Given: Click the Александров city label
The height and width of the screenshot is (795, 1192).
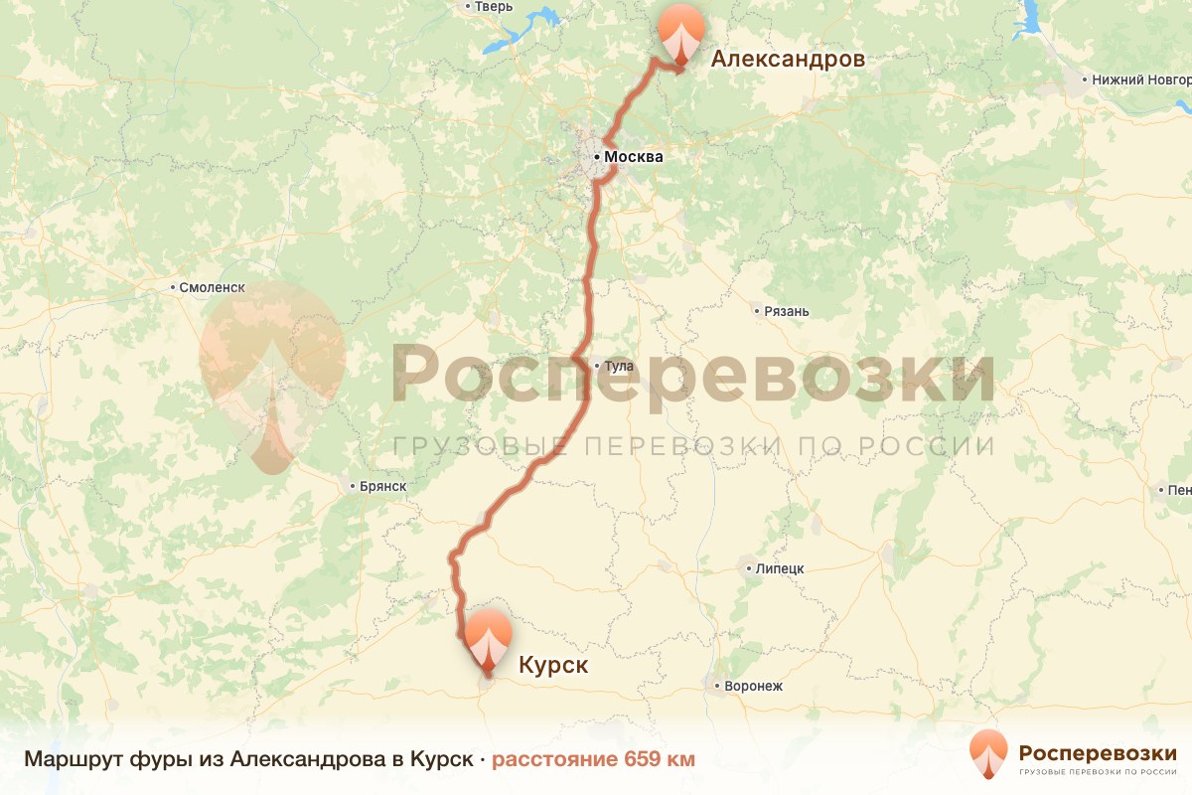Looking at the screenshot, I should click(787, 60).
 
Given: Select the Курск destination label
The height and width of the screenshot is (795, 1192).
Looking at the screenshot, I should click(553, 665).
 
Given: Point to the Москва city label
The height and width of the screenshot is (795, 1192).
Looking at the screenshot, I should click(633, 157).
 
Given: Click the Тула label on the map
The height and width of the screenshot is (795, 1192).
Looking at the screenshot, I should click(618, 367).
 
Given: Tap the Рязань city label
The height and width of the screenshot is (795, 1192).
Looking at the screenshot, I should click(787, 311).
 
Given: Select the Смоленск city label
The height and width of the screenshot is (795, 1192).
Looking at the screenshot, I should click(212, 288).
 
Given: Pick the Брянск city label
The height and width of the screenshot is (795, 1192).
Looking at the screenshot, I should click(381, 486).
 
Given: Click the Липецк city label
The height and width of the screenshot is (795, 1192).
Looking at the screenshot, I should click(779, 569).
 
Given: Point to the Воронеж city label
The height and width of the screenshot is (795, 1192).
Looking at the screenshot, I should click(754, 686).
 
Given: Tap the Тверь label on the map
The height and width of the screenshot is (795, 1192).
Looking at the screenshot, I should click(493, 7).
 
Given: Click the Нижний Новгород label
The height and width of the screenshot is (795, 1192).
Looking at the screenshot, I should click(1138, 79).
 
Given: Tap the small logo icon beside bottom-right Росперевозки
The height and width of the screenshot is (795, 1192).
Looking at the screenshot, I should click(988, 755).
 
